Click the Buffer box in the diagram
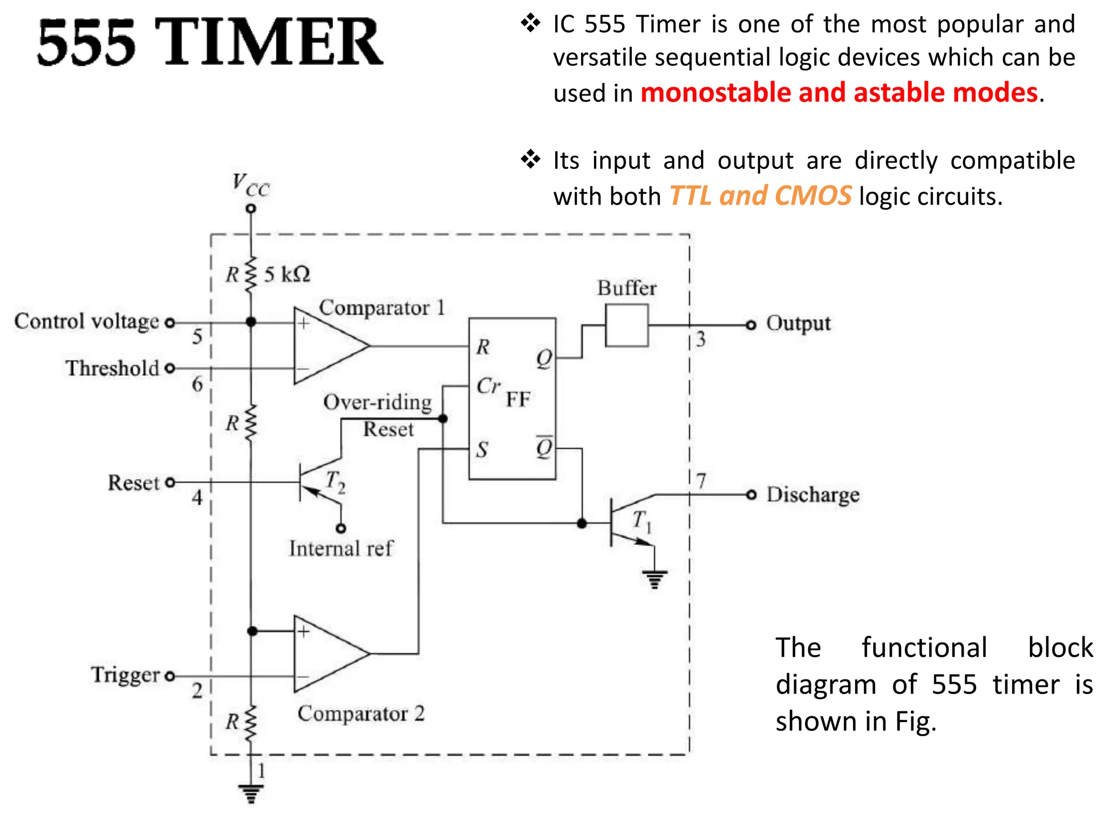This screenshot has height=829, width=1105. click(626, 325)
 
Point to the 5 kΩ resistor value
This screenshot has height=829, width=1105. click(287, 274)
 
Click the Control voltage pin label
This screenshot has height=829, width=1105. click(87, 321)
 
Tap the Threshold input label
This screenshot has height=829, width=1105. click(113, 368)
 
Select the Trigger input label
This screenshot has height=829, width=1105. click(125, 675)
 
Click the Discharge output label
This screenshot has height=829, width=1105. click(813, 495)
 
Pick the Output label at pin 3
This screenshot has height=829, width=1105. click(799, 324)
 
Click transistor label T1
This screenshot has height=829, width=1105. click(642, 521)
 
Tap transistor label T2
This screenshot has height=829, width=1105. click(335, 481)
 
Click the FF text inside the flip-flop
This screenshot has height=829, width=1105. click(518, 399)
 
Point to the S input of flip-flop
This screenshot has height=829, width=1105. click(482, 450)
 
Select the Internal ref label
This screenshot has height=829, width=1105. click(341, 549)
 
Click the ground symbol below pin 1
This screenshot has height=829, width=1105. click(251, 793)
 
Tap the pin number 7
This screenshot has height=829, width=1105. click(701, 480)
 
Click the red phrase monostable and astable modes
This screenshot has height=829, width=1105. click(839, 93)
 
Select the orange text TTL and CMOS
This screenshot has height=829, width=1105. click(760, 195)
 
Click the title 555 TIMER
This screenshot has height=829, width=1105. click(210, 42)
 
